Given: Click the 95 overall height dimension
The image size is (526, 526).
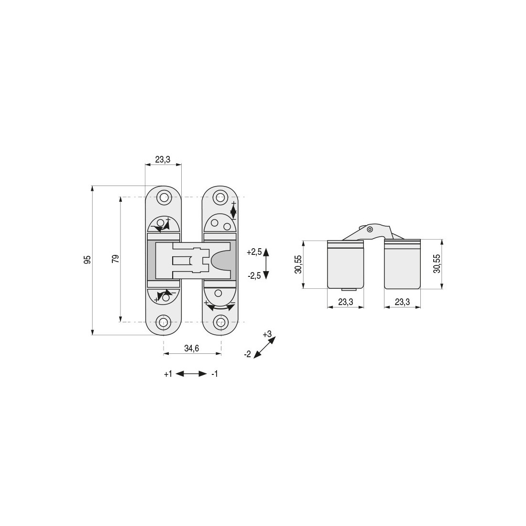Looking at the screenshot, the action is point(87,260).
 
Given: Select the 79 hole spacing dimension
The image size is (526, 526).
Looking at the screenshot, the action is point(115,259).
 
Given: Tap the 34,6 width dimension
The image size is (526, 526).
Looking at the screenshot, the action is point(192,349).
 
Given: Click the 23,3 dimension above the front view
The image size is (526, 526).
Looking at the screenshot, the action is point(163,159).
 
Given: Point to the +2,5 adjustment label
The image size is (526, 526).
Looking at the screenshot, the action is point(254,252).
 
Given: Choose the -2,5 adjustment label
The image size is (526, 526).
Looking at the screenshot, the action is point(254,276).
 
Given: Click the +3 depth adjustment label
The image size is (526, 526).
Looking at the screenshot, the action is point(267,334).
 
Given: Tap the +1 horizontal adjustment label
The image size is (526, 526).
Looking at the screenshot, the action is point(168,374).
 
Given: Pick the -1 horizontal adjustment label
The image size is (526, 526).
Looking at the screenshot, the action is point(215,374).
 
